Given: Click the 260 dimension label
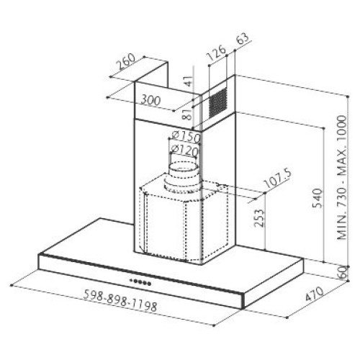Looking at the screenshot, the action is click(x=126, y=62).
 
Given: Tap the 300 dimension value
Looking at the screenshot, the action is click(x=150, y=100).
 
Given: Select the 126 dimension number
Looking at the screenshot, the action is click(x=217, y=53).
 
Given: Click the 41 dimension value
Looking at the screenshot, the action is click(x=189, y=81).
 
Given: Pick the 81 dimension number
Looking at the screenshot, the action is click(x=187, y=114).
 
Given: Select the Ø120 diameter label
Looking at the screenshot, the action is click(x=184, y=150).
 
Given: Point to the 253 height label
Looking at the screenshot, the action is click(x=259, y=218).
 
